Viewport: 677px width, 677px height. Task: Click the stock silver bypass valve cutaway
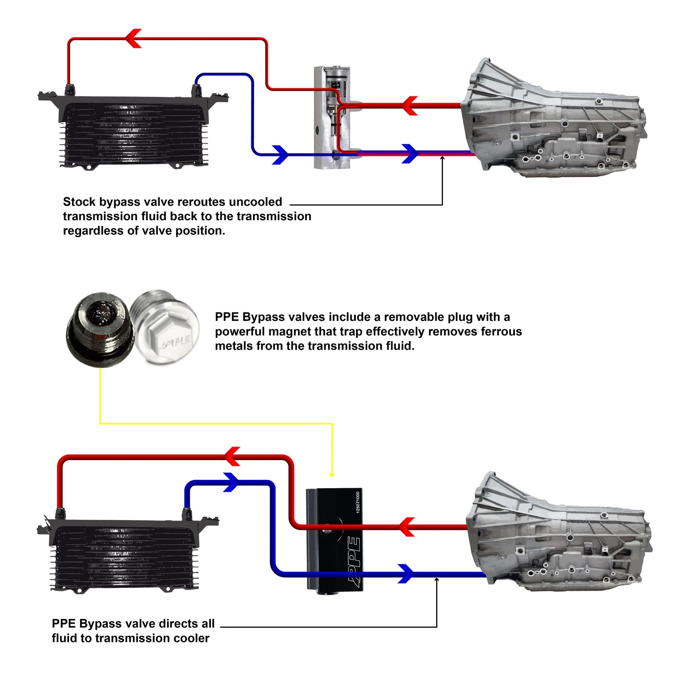pyautogui.click(x=331, y=117)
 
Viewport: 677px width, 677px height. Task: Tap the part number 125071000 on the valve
pyautogui.click(x=358, y=502)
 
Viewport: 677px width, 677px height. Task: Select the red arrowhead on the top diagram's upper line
pyautogui.click(x=134, y=38)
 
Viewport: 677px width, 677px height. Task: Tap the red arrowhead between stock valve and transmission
pyautogui.click(x=410, y=106)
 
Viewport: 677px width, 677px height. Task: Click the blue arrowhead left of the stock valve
pyautogui.click(x=280, y=155)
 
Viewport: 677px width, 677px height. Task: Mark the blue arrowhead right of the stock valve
pyautogui.click(x=410, y=154)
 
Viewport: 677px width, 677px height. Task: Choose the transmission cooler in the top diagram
pyautogui.click(x=134, y=129)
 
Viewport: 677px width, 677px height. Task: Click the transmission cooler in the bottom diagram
pyautogui.click(x=126, y=553)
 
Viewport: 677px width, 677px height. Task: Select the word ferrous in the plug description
pyautogui.click(x=502, y=332)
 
